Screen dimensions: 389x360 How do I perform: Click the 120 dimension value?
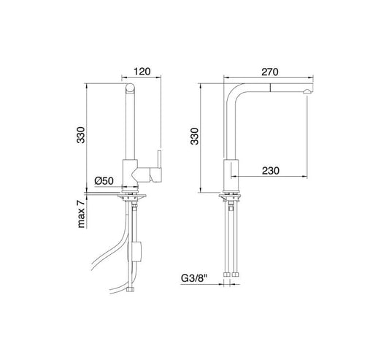pos(142,72)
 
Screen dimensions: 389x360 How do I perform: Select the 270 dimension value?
pos(270,72)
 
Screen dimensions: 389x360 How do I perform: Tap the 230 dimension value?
pos(271,171)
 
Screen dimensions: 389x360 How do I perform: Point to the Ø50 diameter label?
pos(104,181)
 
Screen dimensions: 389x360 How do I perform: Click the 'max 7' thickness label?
pos(81,214)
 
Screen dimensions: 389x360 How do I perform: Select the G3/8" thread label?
pos(193,278)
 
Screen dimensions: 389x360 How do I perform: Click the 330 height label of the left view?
pos(80,135)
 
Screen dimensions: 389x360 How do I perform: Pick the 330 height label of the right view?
pos(194,136)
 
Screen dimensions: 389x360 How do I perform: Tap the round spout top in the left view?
pos(130,88)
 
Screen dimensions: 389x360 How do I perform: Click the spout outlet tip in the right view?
pos(307,92)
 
